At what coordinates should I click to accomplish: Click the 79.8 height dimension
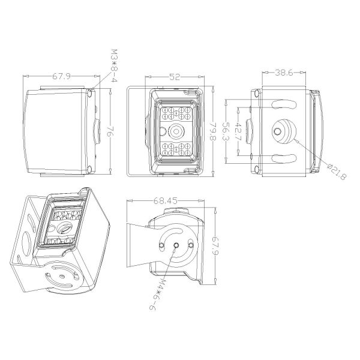pyautogui.click(x=211, y=132)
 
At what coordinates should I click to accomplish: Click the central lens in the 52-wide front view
pyautogui.click(x=176, y=131)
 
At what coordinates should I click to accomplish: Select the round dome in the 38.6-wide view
pyautogui.click(x=284, y=130)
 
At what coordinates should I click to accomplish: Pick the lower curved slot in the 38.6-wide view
pyautogui.click(x=283, y=158)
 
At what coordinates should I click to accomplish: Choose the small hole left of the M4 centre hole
pyautogui.click(x=161, y=244)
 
